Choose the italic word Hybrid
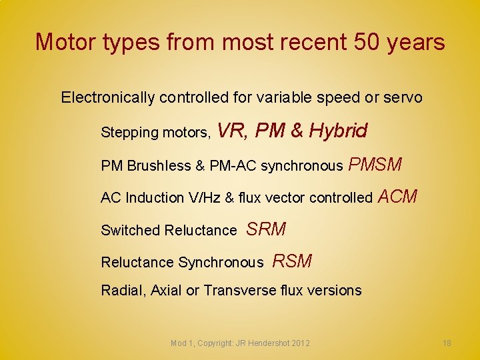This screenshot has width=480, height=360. [x=338, y=131]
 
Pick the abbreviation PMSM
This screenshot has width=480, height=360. [x=375, y=163]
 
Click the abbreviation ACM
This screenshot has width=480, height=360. [x=397, y=196]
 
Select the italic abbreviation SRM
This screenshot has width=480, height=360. [x=266, y=229]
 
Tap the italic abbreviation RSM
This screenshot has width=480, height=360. [x=292, y=261]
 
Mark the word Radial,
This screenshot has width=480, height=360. [x=123, y=291]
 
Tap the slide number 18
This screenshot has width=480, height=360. [x=447, y=343]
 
